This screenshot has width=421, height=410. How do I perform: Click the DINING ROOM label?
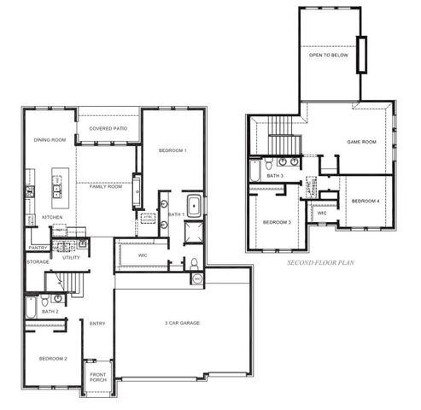click(50, 139)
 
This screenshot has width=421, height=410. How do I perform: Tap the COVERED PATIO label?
click(108, 128)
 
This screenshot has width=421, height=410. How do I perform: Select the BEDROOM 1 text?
click(172, 150)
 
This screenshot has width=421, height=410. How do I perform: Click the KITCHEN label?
click(54, 217)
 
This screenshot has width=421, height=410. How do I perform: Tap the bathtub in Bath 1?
click(194, 205)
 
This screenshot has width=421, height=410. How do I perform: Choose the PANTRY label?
click(38, 248)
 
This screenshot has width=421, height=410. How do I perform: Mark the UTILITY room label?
click(71, 256)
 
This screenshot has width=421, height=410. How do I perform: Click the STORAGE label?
click(38, 261)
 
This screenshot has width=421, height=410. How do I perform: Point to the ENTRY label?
click(97, 323)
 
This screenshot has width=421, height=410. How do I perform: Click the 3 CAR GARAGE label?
click(183, 323)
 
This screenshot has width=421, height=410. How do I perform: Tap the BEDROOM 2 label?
click(53, 358)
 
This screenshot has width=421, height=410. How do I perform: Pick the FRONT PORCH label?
click(99, 380)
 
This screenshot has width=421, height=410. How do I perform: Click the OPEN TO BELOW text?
click(329, 56)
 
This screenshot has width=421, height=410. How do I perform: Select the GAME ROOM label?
click(362, 142)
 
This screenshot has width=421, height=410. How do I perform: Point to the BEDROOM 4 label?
click(365, 201)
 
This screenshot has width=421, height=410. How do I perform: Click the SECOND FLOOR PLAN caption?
click(320, 265)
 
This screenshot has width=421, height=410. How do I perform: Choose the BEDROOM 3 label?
click(277, 222)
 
